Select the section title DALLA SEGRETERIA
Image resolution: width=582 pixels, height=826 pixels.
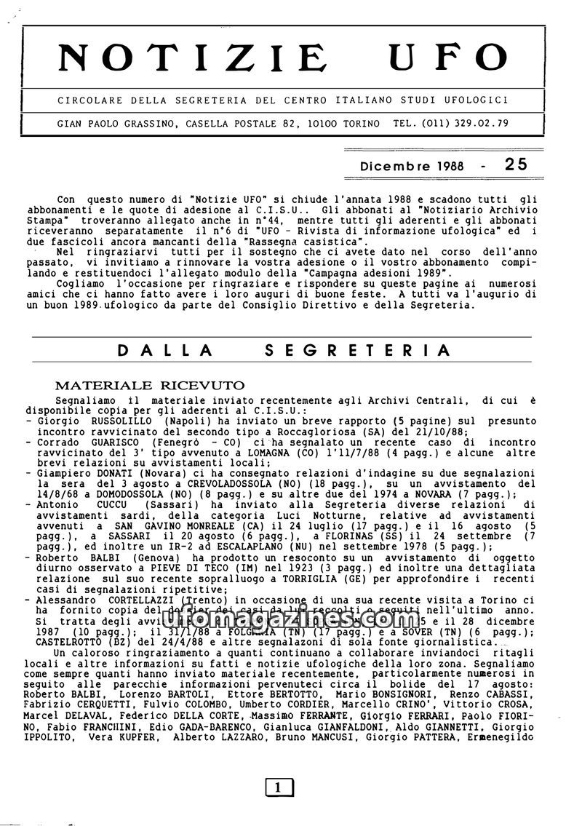point(284,350)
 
